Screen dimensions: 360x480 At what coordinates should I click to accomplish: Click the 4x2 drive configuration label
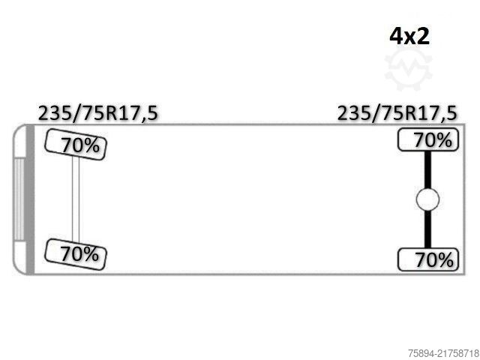[409, 35]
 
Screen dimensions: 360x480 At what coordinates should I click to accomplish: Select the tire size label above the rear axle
[397, 113]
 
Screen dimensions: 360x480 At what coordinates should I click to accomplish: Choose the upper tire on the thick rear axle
[427, 140]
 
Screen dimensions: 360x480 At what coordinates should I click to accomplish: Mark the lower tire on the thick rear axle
[427, 259]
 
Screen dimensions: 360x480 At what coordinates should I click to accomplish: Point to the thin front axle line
[75, 199]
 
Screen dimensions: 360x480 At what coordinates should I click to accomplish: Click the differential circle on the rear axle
[427, 199]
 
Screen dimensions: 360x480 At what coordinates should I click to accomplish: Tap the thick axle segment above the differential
[427, 169]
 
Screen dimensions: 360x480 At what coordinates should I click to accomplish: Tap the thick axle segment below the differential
[427, 229]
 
